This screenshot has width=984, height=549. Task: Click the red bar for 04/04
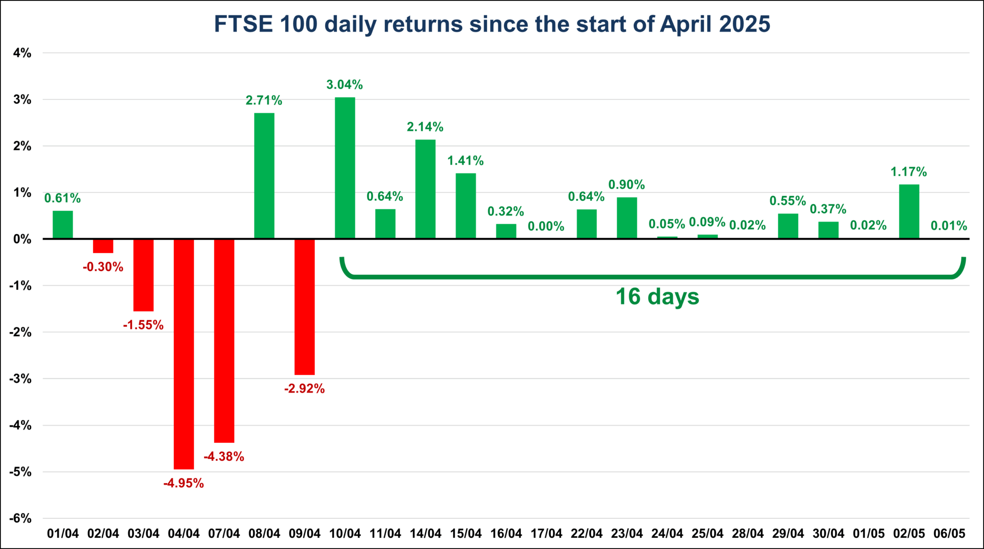pyautogui.click(x=184, y=354)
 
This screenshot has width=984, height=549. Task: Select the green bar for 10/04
pyautogui.click(x=345, y=168)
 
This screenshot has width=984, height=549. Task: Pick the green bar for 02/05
pyautogui.click(x=909, y=211)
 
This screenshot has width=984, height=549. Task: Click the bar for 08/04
pyautogui.click(x=264, y=176)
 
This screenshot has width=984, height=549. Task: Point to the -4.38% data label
pyautogui.click(x=224, y=456)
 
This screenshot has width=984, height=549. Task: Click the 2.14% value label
pyautogui.click(x=425, y=127)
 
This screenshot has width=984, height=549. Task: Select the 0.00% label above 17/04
pyautogui.click(x=546, y=226)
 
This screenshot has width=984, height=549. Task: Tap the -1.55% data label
pyautogui.click(x=143, y=325)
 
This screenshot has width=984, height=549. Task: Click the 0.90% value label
pyautogui.click(x=627, y=184)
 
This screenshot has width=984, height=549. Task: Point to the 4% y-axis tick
pyautogui.click(x=22, y=53)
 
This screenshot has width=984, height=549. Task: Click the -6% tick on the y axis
pyautogui.click(x=20, y=519)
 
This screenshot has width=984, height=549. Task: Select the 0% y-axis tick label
pyautogui.click(x=22, y=239)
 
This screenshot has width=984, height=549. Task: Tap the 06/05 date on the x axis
pyautogui.click(x=949, y=534)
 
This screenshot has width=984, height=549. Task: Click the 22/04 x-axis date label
pyautogui.click(x=587, y=534)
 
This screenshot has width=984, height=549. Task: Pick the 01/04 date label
pyautogui.click(x=63, y=534)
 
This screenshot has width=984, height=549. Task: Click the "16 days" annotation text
pyautogui.click(x=657, y=296)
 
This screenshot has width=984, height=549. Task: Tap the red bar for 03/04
pyautogui.click(x=143, y=275)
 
